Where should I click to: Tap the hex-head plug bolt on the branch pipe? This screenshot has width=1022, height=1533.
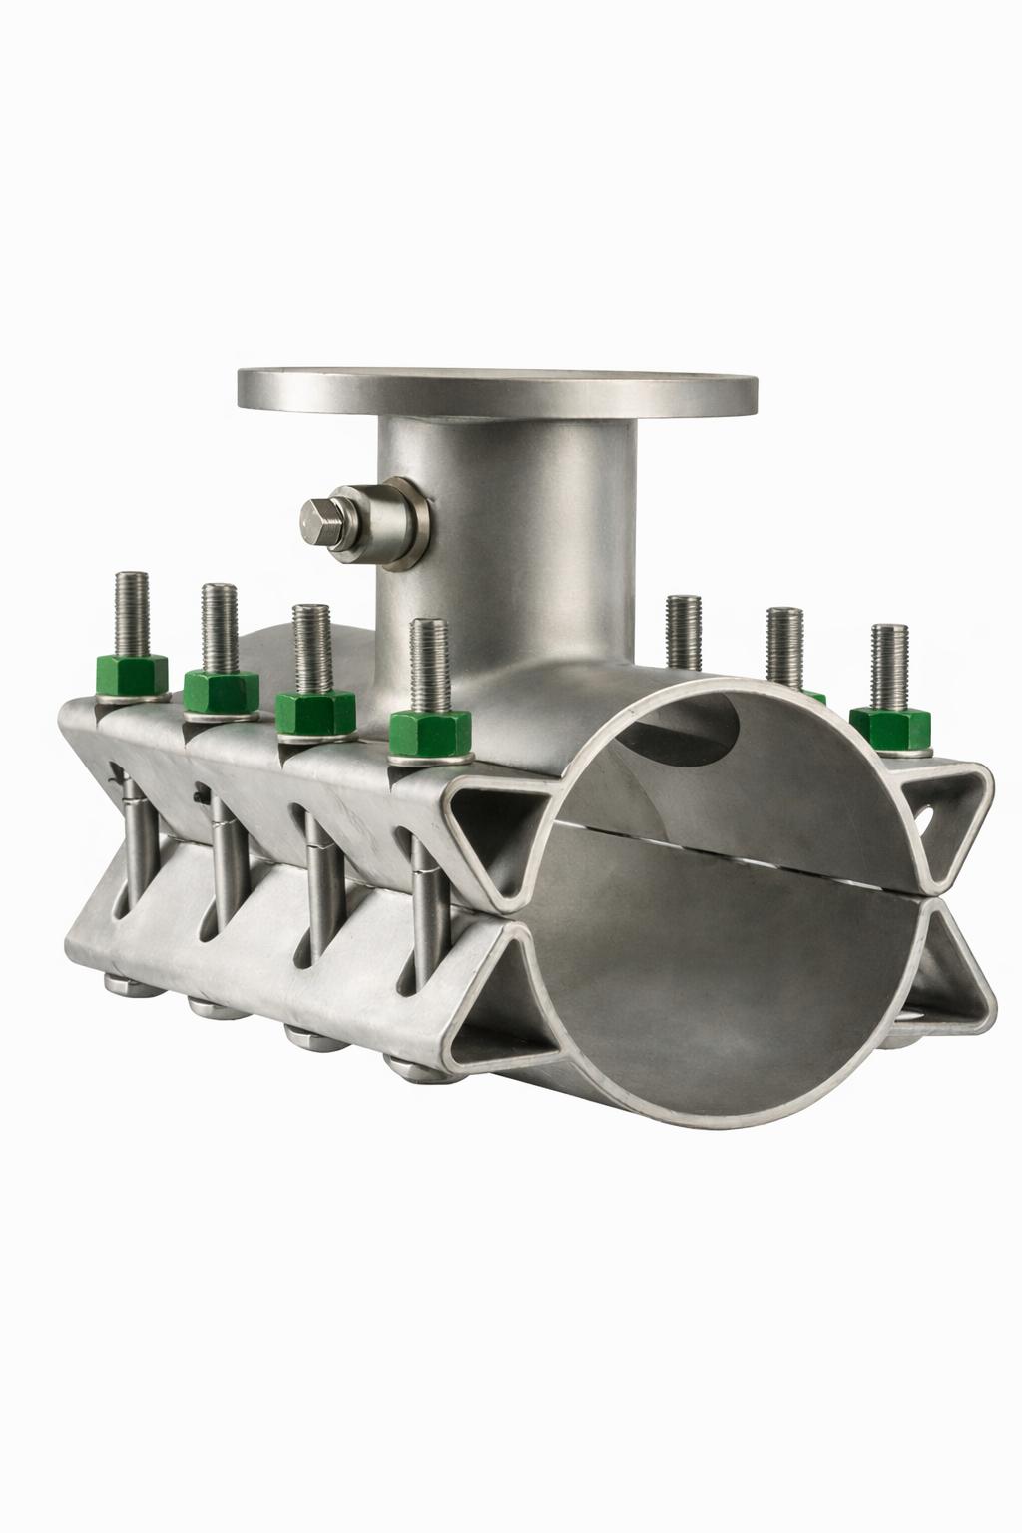tap(322, 520)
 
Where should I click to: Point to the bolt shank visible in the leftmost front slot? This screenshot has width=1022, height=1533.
tap(133, 848)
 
